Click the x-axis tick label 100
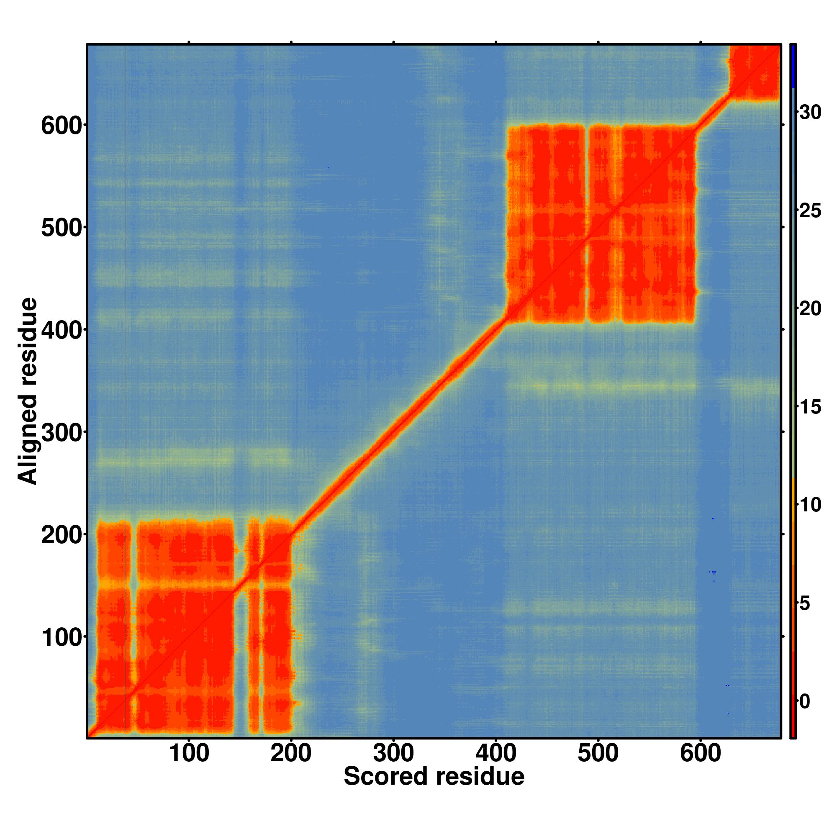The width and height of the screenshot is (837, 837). [189, 753]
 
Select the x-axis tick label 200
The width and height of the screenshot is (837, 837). [291, 753]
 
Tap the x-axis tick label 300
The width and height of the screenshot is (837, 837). [393, 753]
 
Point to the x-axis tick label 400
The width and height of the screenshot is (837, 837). [496, 753]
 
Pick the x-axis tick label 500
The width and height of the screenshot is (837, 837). [598, 753]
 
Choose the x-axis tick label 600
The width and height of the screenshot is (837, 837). [701, 753]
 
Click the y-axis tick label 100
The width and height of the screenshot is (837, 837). [62, 638]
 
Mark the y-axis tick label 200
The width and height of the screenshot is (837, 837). [62, 536]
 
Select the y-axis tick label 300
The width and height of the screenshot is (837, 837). [62, 433]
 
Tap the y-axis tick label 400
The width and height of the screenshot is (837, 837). [62, 331]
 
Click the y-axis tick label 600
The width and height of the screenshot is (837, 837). [62, 126]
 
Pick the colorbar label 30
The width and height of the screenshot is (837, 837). [810, 112]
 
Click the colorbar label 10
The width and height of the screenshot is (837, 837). [810, 505]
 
